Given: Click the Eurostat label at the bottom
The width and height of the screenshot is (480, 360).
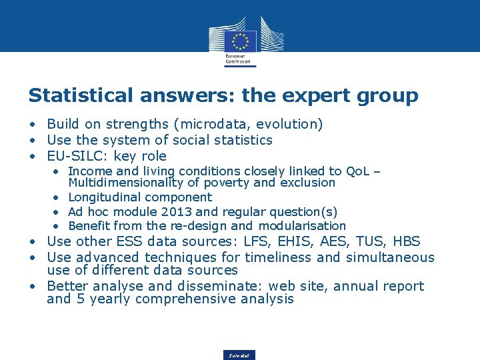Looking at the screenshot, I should pos(239,356).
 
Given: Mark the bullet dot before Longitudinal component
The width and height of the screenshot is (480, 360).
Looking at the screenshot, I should pos(58,197).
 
